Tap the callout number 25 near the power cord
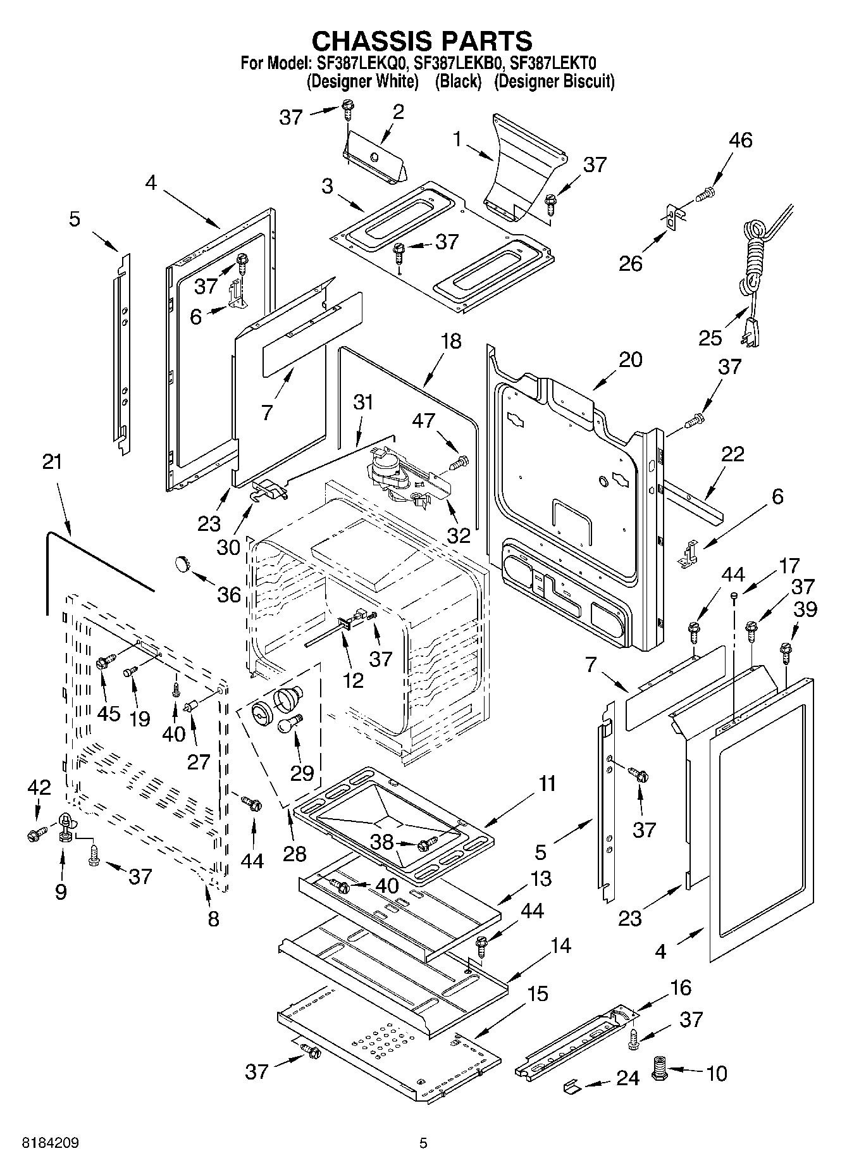(x=710, y=337)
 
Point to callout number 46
(x=740, y=140)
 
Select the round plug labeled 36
(x=183, y=562)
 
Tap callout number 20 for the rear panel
(x=630, y=359)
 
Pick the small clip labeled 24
(x=571, y=1086)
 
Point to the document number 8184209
(x=51, y=1143)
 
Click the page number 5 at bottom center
(x=423, y=1143)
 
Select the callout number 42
(x=39, y=787)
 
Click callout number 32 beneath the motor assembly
(x=459, y=535)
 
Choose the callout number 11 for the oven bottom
(x=547, y=783)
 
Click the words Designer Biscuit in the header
(x=553, y=82)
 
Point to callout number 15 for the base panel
(x=538, y=993)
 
